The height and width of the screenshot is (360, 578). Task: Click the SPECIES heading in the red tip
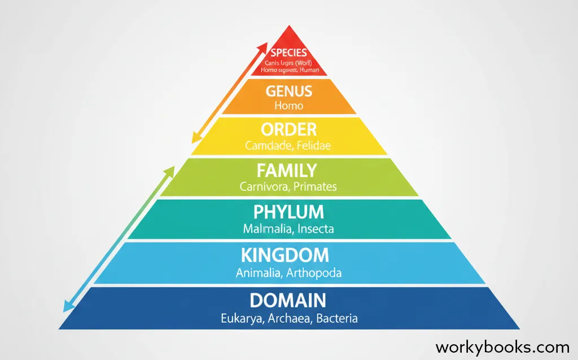(x=288, y=52)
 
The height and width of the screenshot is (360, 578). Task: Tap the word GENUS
(x=288, y=91)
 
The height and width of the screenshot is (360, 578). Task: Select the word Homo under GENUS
(x=288, y=106)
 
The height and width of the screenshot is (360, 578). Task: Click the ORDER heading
(x=289, y=129)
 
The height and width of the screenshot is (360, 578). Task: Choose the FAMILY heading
(x=288, y=170)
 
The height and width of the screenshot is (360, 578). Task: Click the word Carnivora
(x=262, y=186)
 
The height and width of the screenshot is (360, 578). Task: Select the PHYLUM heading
(x=288, y=212)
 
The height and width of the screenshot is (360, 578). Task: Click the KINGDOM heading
(x=284, y=255)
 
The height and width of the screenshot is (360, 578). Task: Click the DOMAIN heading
(x=288, y=300)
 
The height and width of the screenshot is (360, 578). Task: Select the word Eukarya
(x=241, y=318)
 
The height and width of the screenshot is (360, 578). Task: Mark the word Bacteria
(x=336, y=318)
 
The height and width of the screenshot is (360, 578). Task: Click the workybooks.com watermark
(x=502, y=346)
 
